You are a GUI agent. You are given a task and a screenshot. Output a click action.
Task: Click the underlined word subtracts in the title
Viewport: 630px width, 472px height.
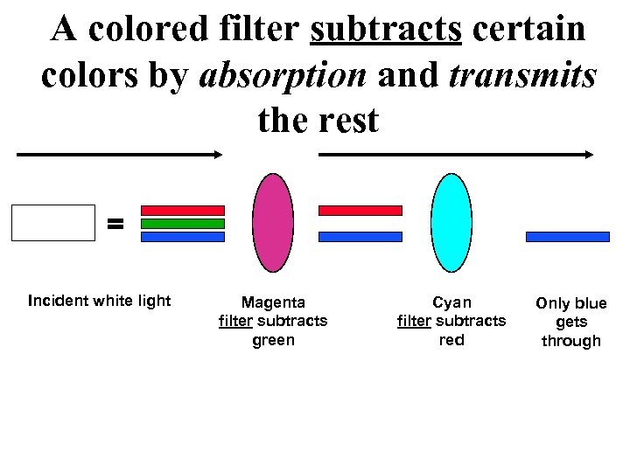click(x=386, y=30)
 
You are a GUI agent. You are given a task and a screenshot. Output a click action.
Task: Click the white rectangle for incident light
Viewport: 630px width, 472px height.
click(x=52, y=222)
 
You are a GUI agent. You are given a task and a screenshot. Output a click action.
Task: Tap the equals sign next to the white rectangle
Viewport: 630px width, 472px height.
click(x=115, y=224)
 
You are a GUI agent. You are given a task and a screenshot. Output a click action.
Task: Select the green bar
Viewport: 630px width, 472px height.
click(x=183, y=224)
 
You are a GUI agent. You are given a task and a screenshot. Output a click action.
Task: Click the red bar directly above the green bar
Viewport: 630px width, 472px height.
click(x=183, y=211)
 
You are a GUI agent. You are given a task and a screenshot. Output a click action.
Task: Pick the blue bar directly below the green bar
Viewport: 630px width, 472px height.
click(x=183, y=237)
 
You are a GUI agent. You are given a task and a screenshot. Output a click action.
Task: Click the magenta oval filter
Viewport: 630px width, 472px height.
click(x=272, y=224)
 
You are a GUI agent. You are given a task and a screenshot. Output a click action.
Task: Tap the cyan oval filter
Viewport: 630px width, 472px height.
click(x=451, y=224)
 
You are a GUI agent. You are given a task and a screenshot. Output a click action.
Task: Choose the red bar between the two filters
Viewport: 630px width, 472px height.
click(x=360, y=211)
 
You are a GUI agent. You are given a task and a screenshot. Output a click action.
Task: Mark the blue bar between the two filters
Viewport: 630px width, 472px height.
click(x=360, y=237)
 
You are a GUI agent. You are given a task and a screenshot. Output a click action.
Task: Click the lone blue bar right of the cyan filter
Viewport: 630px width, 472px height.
click(x=567, y=237)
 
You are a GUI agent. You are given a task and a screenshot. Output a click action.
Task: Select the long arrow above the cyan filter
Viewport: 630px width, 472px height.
click(x=456, y=155)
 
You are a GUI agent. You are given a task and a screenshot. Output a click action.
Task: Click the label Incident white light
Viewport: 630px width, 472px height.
click(x=99, y=302)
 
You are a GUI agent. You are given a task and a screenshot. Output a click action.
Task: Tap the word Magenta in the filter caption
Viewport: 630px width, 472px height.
click(x=273, y=303)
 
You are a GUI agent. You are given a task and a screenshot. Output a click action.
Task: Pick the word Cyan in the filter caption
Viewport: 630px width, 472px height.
click(x=451, y=303)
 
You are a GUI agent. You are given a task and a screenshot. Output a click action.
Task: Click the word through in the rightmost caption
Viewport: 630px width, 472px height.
click(x=570, y=342)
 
